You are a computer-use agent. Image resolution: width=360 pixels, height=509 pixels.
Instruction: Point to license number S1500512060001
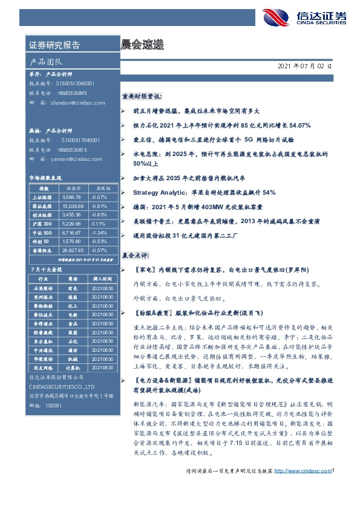click(75, 83)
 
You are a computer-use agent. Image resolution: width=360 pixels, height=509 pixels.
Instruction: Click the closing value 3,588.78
click(71, 197)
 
